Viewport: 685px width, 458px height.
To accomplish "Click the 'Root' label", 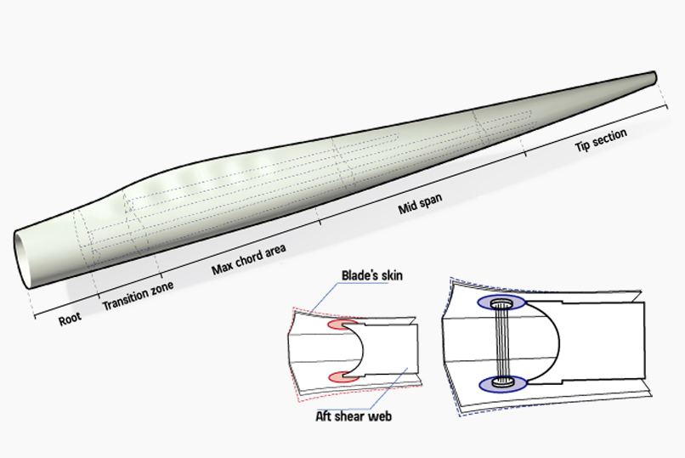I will coord(70,319).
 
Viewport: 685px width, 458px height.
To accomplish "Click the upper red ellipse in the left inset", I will coord(340,325).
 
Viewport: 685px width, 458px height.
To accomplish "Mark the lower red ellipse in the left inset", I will coord(340,376).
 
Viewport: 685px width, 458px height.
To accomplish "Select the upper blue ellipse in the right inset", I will coord(503,303).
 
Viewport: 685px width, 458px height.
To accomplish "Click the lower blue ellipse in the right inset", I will coord(503,384).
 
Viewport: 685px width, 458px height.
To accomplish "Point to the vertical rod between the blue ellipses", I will coord(504,344).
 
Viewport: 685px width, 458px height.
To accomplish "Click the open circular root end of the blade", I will coord(25,257).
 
